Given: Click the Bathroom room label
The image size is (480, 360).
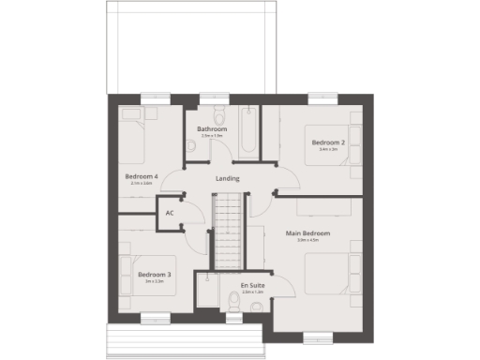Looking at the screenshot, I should tap(211, 128).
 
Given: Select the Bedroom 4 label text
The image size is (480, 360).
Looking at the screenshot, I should tap(141, 176).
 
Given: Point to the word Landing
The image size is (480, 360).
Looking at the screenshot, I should tap(227, 178).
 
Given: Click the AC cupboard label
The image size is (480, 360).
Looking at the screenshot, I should tap(170, 213).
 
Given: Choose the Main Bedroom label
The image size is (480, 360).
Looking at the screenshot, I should tap(308, 232).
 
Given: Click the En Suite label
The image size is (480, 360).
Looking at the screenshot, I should tap(251, 284).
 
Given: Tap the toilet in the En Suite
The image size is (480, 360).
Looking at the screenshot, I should tap(232, 302).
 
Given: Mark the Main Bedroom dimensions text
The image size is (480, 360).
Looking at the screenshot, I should tap(308, 241).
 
